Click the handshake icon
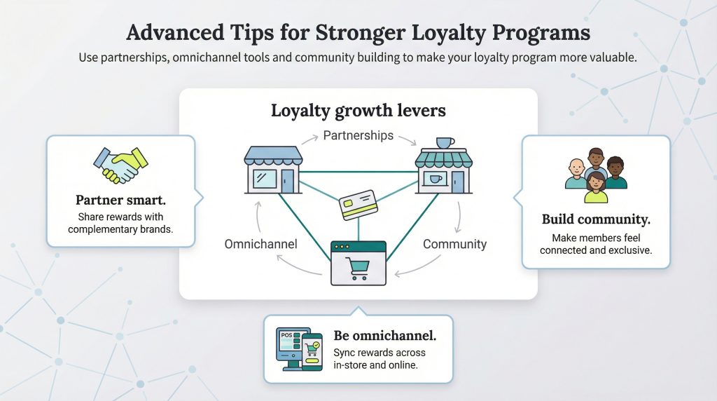click(x=120, y=165)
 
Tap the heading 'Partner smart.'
click(x=120, y=200)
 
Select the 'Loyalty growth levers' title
click(x=358, y=111)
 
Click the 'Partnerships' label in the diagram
click(x=358, y=135)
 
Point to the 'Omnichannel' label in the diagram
click(x=260, y=244)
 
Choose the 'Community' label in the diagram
click(x=454, y=244)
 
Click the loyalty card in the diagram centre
click(x=358, y=205)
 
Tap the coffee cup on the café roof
click(x=445, y=143)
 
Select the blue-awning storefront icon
click(x=273, y=170)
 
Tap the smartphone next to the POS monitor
click(x=312, y=351)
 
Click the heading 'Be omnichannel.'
click(x=384, y=336)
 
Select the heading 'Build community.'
click(x=596, y=219)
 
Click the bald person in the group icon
click(x=576, y=174)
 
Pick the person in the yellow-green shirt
click(x=597, y=188)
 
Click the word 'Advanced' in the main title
click(x=175, y=33)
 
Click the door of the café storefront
click(x=457, y=182)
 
